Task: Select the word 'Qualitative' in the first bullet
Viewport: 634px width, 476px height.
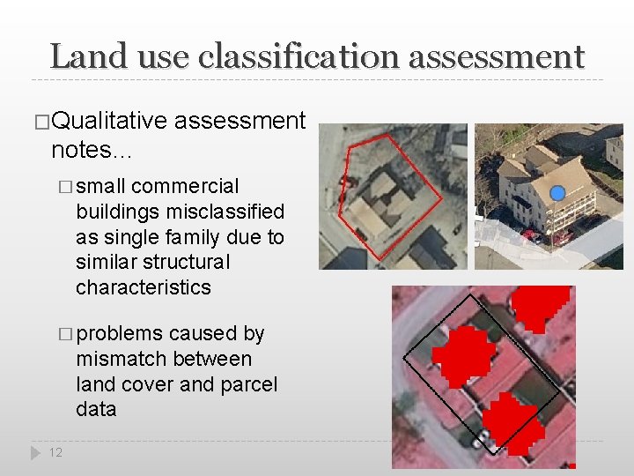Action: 109,121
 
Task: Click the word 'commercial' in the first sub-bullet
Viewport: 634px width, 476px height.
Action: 184,186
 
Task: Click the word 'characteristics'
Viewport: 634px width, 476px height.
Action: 144,287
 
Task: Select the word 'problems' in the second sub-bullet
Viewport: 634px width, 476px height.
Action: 120,333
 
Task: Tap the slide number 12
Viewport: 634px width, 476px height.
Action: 55,452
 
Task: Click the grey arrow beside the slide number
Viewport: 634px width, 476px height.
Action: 35,452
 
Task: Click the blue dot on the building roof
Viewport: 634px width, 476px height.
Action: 557,193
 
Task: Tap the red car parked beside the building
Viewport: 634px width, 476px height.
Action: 530,235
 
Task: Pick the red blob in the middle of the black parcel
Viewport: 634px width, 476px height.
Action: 464,354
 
